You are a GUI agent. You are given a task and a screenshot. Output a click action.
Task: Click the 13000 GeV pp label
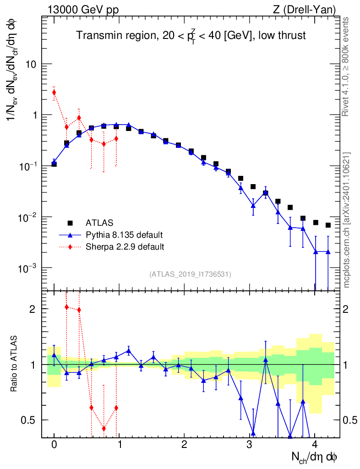(83, 10)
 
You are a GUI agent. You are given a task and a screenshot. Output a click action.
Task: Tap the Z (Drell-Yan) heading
(304, 10)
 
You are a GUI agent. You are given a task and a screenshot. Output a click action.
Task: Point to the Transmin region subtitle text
(191, 36)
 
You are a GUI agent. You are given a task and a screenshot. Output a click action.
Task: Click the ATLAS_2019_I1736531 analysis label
(190, 274)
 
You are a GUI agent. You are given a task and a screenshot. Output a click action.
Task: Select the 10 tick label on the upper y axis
(30, 64)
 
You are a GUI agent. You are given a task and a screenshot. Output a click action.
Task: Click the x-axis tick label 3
(249, 444)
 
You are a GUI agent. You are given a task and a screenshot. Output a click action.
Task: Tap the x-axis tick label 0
(54, 444)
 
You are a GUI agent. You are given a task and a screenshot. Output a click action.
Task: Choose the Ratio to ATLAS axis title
(13, 364)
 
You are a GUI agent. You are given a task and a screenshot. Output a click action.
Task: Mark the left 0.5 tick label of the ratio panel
(28, 420)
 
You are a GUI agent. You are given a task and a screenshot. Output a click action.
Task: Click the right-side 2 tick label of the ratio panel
(345, 309)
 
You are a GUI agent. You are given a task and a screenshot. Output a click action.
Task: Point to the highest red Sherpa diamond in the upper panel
(54, 92)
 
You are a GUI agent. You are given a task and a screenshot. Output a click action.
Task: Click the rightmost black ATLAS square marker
(328, 225)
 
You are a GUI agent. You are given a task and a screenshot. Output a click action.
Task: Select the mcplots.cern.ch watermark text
(346, 220)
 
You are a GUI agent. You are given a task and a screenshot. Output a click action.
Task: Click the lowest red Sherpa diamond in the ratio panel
(104, 428)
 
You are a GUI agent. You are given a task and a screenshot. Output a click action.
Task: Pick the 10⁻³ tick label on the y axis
(26, 268)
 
